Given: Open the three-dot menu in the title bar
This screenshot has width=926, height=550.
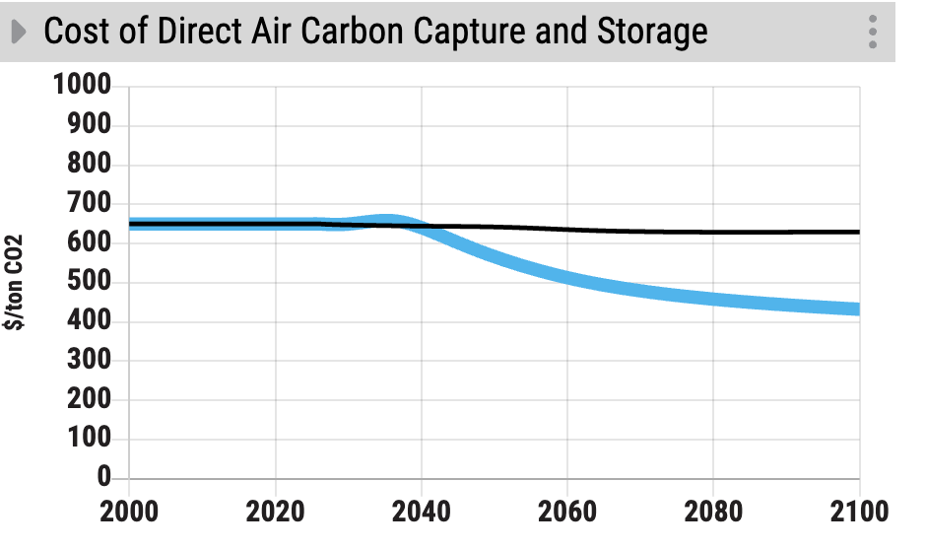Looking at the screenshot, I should [873, 32].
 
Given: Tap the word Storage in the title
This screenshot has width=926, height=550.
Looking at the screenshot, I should [652, 32].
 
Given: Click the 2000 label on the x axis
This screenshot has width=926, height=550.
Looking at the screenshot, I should [129, 512].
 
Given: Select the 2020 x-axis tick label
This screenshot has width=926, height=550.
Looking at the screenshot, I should [276, 512].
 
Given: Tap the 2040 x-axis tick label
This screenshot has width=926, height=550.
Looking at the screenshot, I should [422, 512].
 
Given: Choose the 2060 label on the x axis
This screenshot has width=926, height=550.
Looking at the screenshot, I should [567, 512].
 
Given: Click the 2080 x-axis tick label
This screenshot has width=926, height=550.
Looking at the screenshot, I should [713, 512].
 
